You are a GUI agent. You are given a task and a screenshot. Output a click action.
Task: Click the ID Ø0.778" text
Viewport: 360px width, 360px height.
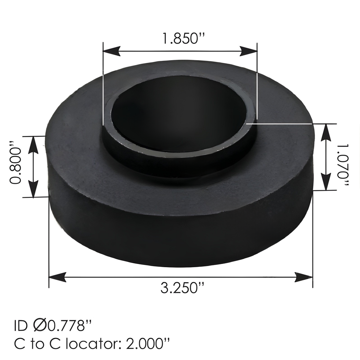[x=53, y=326]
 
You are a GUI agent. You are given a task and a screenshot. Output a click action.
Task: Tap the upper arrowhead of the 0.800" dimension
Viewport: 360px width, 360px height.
[x=33, y=144]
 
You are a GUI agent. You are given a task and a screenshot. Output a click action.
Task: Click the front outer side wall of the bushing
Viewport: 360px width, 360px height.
[x=179, y=239]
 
